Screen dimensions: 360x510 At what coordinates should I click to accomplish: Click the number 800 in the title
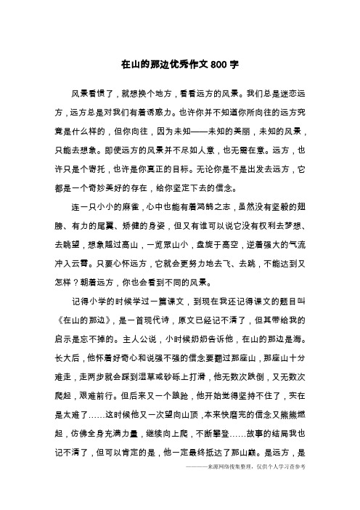pyautogui.click(x=216, y=65)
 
